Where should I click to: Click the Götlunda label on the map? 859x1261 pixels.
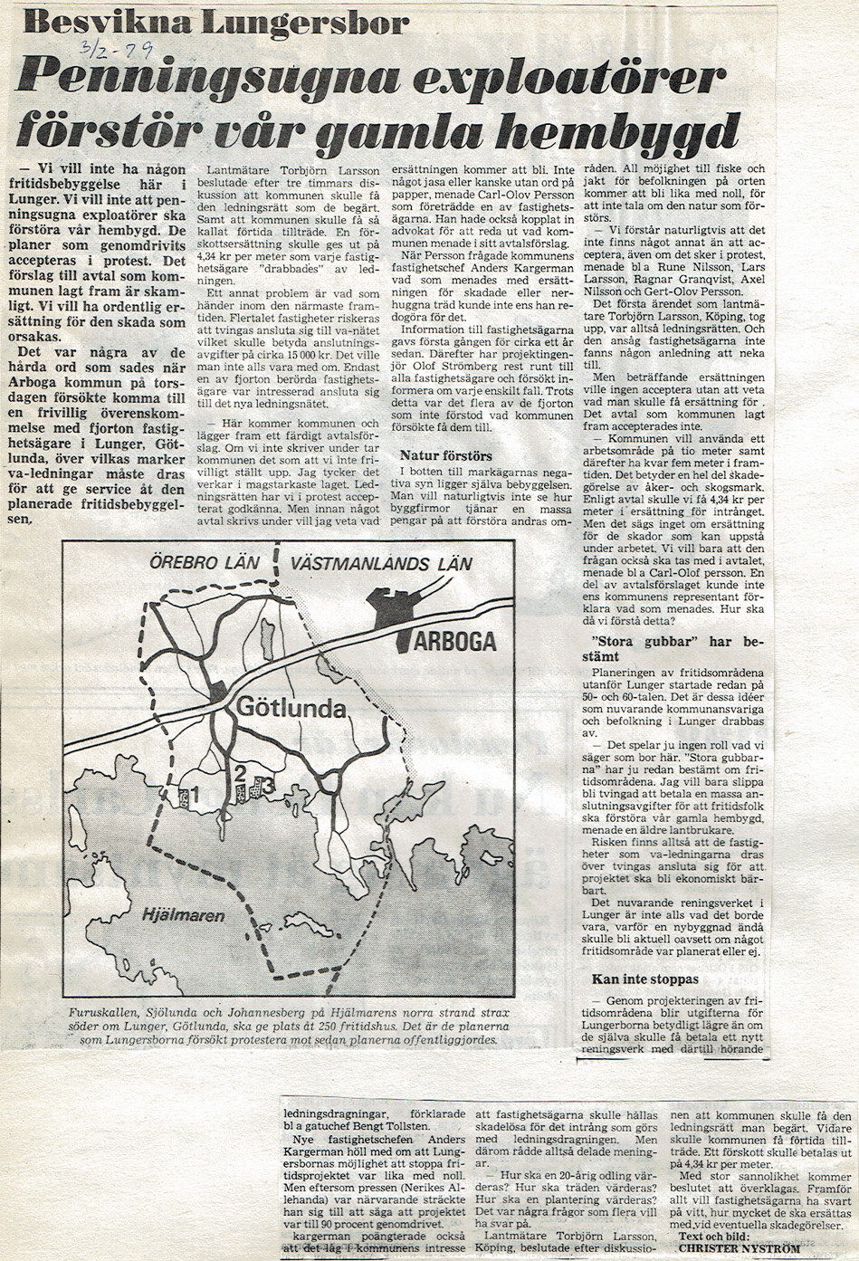tap(291, 707)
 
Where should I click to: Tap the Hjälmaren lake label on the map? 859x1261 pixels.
tap(182, 915)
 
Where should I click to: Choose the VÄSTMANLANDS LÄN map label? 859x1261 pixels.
tap(380, 564)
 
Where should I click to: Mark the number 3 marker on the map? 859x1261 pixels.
tap(269, 786)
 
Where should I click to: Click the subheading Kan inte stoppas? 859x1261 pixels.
tap(644, 979)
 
